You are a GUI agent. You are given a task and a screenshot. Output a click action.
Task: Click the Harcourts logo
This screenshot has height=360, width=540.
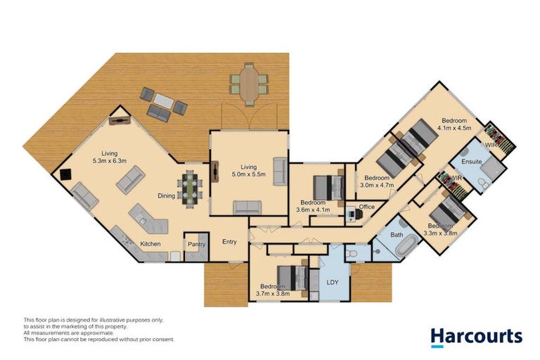476,337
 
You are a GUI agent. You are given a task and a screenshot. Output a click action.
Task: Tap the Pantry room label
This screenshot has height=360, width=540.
196,244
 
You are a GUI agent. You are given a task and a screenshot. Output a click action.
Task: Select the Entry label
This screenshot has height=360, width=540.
229,242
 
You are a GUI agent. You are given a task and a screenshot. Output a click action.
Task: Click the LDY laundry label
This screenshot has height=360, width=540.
333,282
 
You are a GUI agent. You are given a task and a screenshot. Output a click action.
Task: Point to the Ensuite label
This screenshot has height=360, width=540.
472,161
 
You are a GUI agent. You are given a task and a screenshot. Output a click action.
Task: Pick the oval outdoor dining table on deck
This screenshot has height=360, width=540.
250,84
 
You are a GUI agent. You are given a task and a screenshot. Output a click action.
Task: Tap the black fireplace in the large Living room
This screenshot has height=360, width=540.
65,174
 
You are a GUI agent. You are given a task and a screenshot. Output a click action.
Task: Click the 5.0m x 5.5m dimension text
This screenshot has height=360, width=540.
249,174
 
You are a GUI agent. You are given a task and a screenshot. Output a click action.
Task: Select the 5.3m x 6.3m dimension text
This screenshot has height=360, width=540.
110,160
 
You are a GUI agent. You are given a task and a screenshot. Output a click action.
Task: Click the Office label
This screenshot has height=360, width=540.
367,207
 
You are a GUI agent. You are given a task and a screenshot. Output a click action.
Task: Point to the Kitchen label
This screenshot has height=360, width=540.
150,244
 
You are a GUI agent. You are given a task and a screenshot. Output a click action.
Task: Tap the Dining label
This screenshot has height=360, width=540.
167,195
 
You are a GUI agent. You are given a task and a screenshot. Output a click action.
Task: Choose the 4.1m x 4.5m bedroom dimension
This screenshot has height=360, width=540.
454,128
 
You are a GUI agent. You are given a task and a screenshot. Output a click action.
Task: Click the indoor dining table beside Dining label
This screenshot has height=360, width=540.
190,188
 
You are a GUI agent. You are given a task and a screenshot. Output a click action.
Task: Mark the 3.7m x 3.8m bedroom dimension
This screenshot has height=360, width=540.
273,294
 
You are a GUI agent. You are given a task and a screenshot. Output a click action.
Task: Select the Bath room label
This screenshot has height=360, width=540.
397,235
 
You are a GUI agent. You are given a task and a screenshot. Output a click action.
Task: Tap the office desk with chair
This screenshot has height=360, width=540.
354,214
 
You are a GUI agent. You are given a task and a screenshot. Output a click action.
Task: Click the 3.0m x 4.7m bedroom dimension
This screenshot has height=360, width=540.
377,185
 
